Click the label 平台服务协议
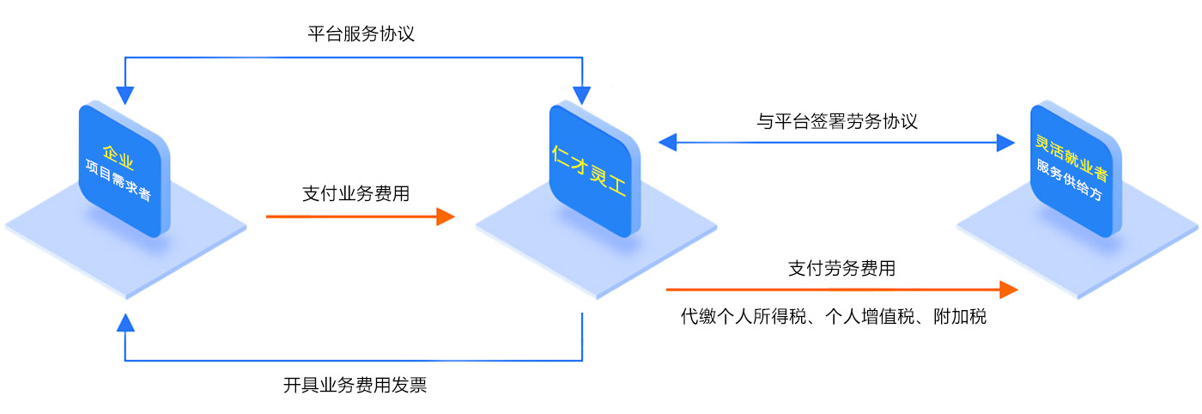(x=361, y=34)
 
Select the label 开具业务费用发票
(x=355, y=385)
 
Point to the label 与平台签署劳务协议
(x=837, y=121)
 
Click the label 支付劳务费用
(x=841, y=269)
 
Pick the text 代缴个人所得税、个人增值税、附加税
(x=834, y=317)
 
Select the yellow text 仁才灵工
(x=590, y=171)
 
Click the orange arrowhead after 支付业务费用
(x=445, y=216)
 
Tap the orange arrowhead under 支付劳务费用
(x=1008, y=289)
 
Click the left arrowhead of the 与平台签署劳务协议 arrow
(x=667, y=143)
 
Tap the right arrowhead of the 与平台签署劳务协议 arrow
(x=1005, y=143)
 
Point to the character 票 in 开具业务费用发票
(x=418, y=385)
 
